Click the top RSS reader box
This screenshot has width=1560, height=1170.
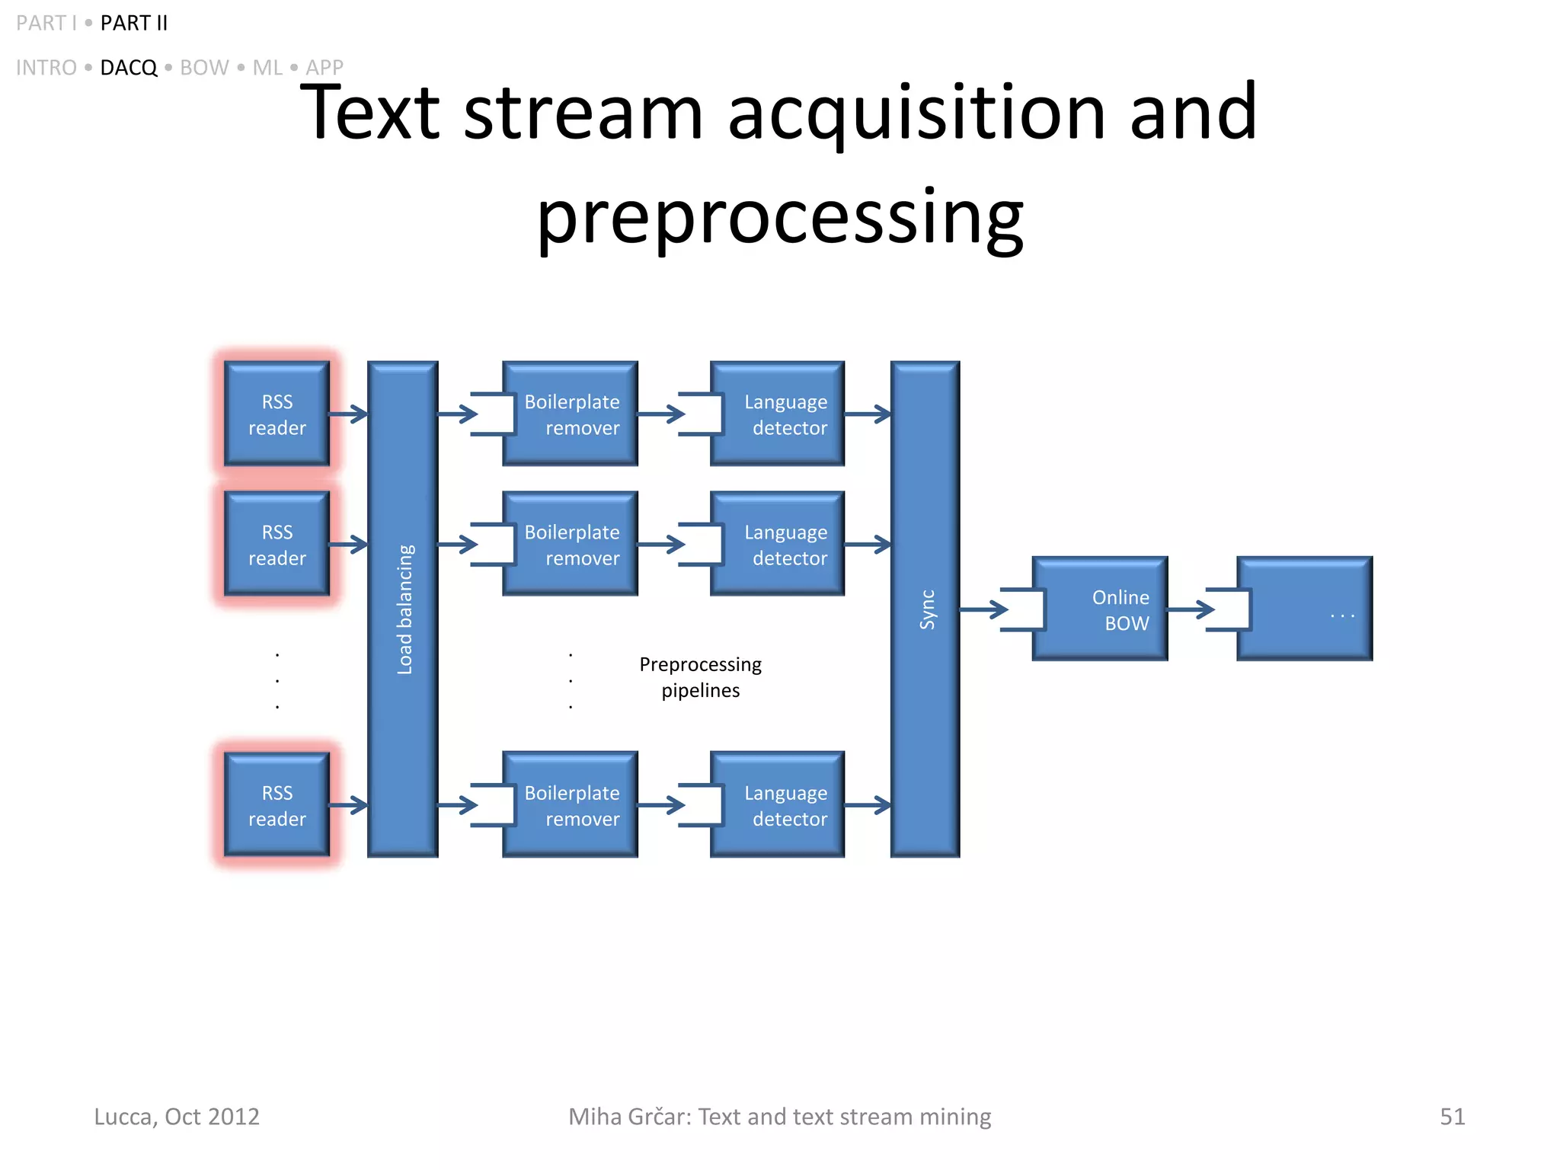277,414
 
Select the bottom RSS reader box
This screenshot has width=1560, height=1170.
277,805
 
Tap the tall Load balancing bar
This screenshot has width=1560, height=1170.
403,609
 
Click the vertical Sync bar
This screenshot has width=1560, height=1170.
925,609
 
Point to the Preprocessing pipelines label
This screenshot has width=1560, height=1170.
700,677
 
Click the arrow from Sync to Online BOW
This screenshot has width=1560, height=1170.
983,609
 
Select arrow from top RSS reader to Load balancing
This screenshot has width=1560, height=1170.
348,414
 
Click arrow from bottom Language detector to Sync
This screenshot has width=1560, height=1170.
868,805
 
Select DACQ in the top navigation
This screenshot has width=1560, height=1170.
128,68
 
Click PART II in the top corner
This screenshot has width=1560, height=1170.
133,23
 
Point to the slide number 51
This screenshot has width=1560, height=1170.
1452,1116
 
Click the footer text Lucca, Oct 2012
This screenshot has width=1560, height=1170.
177,1116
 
